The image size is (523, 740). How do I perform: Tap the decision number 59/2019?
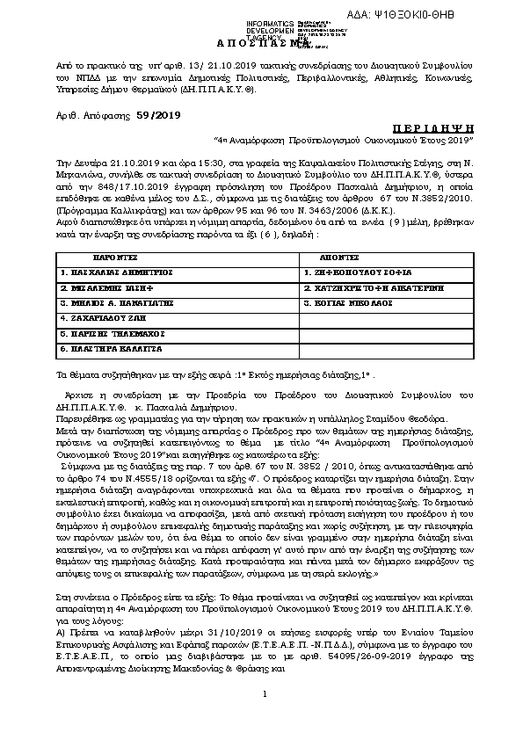tap(156, 114)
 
